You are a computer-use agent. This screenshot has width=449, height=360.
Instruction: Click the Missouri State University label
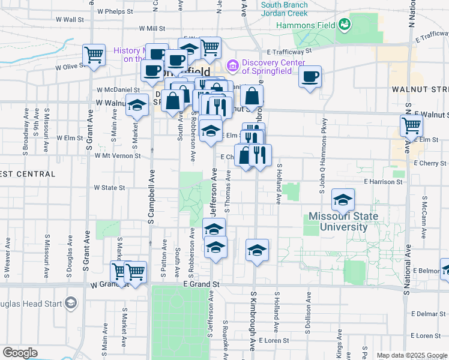(x=343, y=222)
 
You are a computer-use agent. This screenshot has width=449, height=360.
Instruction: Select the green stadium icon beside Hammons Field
(x=345, y=25)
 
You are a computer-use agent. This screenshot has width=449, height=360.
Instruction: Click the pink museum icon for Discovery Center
(x=232, y=64)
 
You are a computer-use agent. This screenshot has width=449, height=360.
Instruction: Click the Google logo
(x=20, y=353)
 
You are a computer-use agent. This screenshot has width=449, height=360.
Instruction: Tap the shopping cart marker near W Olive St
(x=94, y=55)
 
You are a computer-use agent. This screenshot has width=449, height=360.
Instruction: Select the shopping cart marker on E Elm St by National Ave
(x=411, y=125)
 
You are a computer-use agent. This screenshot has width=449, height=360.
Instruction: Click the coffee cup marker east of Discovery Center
(x=310, y=76)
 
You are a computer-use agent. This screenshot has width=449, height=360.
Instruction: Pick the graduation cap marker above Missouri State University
(x=343, y=199)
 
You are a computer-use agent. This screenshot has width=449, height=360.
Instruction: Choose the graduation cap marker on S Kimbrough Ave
(x=257, y=250)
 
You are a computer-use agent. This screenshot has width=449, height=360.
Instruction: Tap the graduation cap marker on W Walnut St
(x=137, y=105)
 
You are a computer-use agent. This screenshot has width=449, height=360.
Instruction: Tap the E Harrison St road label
(x=382, y=181)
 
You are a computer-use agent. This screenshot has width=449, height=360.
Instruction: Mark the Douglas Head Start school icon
(x=71, y=304)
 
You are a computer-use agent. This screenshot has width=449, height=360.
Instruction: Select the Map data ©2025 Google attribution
(x=412, y=355)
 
